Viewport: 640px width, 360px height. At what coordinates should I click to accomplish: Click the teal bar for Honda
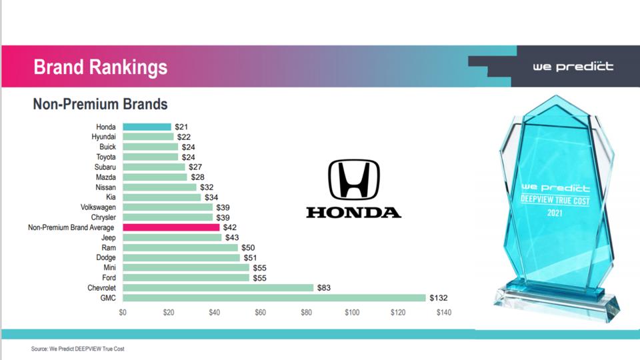pyautogui.click(x=147, y=127)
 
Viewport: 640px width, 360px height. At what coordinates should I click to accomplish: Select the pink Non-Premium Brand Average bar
pyautogui.click(x=171, y=227)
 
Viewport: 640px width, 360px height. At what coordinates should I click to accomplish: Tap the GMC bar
pyautogui.click(x=274, y=298)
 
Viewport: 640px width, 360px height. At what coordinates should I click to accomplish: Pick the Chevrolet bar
pyautogui.click(x=218, y=288)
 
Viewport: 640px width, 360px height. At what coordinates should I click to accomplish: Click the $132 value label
pyautogui.click(x=439, y=298)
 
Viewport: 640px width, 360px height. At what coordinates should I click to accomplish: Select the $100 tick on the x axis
pyautogui.click(x=352, y=312)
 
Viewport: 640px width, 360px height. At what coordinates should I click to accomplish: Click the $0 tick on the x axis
pyautogui.click(x=123, y=312)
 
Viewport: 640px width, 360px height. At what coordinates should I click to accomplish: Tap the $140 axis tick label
pyautogui.click(x=444, y=312)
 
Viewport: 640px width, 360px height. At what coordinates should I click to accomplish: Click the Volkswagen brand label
pyautogui.click(x=98, y=207)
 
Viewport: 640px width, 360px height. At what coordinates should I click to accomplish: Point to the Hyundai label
pyautogui.click(x=104, y=137)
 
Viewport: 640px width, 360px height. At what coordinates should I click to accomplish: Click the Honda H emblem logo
pyautogui.click(x=353, y=180)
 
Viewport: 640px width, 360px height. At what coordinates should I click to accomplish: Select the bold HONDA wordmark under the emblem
pyautogui.click(x=353, y=213)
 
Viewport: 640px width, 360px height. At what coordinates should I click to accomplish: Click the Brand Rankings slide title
pyautogui.click(x=100, y=67)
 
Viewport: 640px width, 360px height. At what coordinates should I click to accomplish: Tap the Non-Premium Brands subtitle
pyautogui.click(x=100, y=105)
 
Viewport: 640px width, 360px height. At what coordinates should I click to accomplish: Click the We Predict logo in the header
pyautogui.click(x=573, y=67)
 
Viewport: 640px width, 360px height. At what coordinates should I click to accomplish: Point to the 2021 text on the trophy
pyautogui.click(x=555, y=213)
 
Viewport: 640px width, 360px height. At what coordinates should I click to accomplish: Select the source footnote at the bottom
pyautogui.click(x=77, y=349)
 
